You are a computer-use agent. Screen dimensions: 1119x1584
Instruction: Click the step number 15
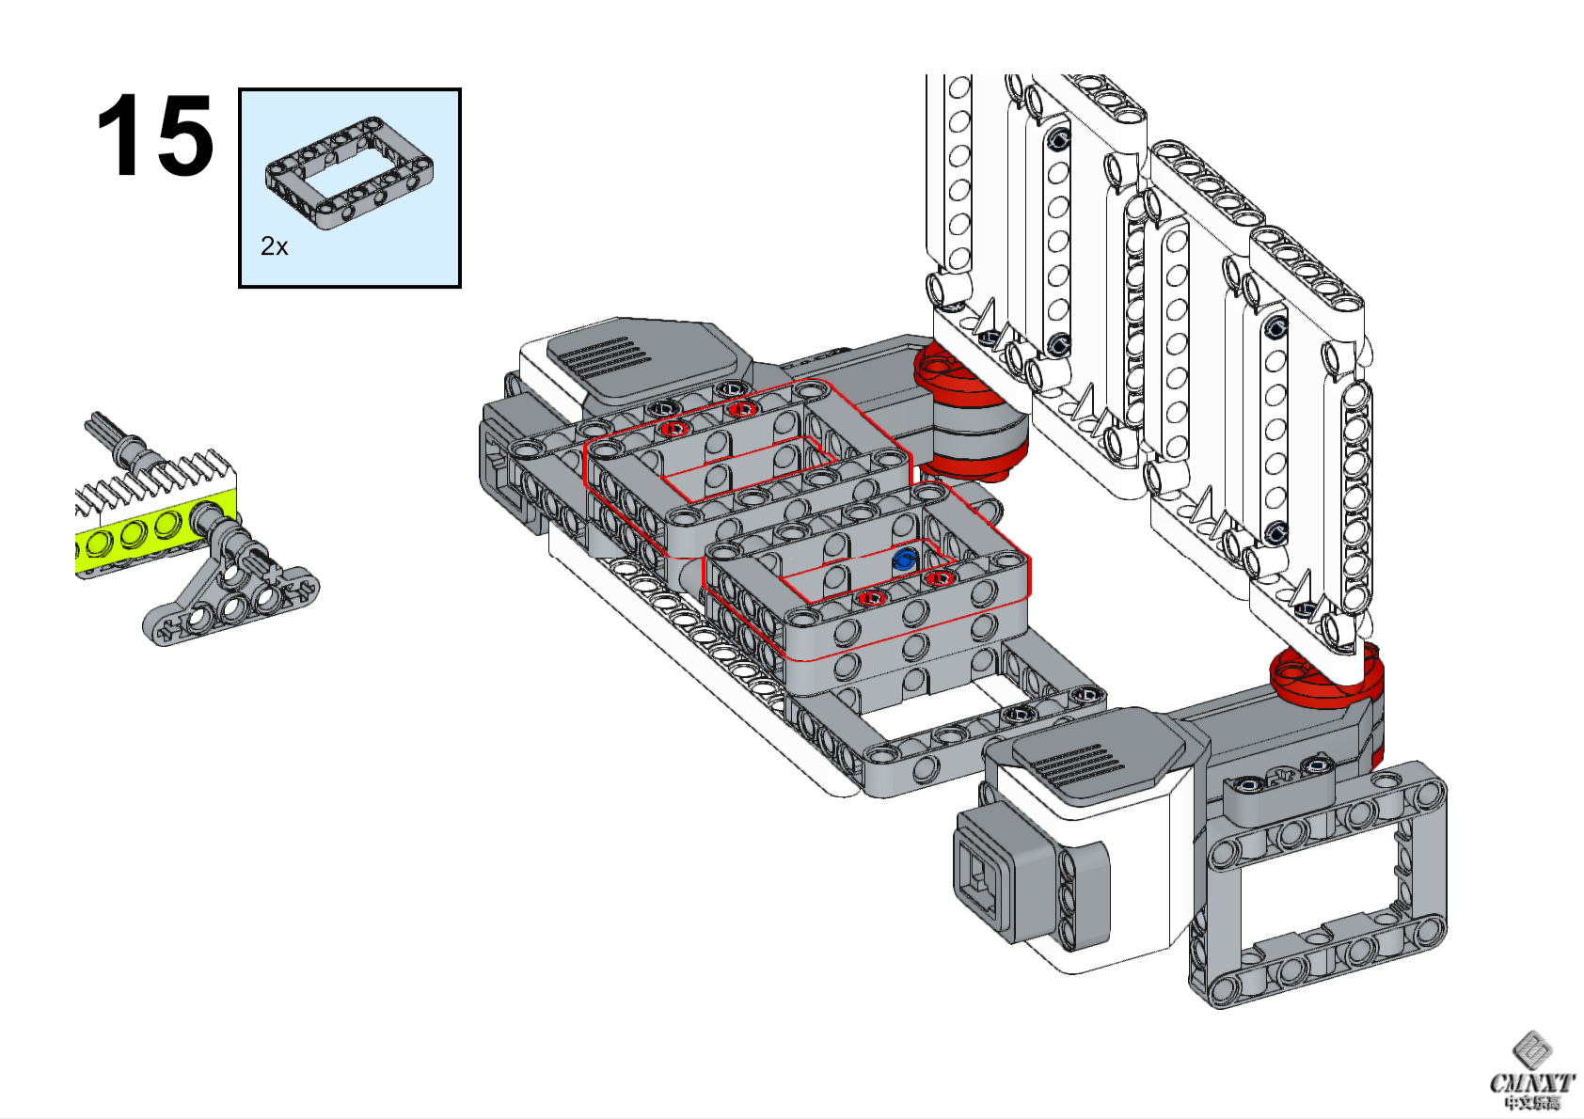[x=155, y=136]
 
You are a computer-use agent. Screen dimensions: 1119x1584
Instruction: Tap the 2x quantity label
[x=274, y=246]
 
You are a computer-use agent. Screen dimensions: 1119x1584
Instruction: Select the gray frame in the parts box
[x=349, y=173]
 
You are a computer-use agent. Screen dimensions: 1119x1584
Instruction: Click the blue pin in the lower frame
[x=904, y=560]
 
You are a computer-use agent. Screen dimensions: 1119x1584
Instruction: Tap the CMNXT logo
[x=1531, y=1072]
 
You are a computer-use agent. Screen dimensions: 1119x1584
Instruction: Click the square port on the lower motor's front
[x=984, y=884]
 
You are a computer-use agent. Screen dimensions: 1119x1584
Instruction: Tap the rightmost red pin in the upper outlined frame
[x=742, y=409]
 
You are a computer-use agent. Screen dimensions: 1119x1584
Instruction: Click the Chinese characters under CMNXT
[x=1531, y=1103]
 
